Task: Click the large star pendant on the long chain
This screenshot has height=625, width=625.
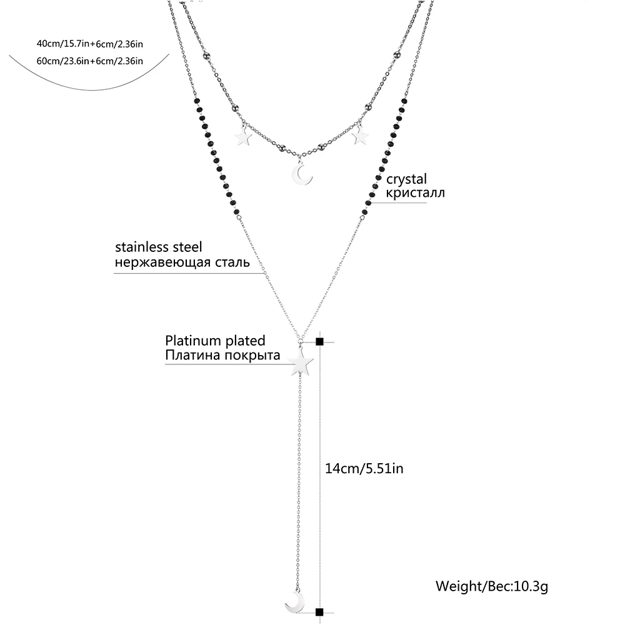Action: [x=301, y=362]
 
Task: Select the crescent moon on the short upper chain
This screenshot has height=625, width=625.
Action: [x=303, y=174]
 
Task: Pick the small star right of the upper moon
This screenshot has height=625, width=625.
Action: [x=360, y=136]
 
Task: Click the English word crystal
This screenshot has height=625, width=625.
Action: [x=407, y=179]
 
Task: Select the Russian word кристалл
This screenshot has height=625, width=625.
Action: [x=416, y=192]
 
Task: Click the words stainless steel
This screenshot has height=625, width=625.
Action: [x=158, y=248]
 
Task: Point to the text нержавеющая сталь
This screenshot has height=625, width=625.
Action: [x=182, y=262]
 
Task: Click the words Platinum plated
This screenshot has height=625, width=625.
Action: [x=215, y=341]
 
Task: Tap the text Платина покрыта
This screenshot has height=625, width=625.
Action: [x=222, y=356]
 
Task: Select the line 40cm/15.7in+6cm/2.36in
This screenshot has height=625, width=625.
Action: [x=91, y=44]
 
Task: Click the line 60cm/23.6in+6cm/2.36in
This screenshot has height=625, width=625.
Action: [x=91, y=60]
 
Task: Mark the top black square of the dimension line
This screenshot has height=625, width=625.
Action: [x=320, y=342]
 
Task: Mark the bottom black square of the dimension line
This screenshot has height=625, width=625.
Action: [x=320, y=613]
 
